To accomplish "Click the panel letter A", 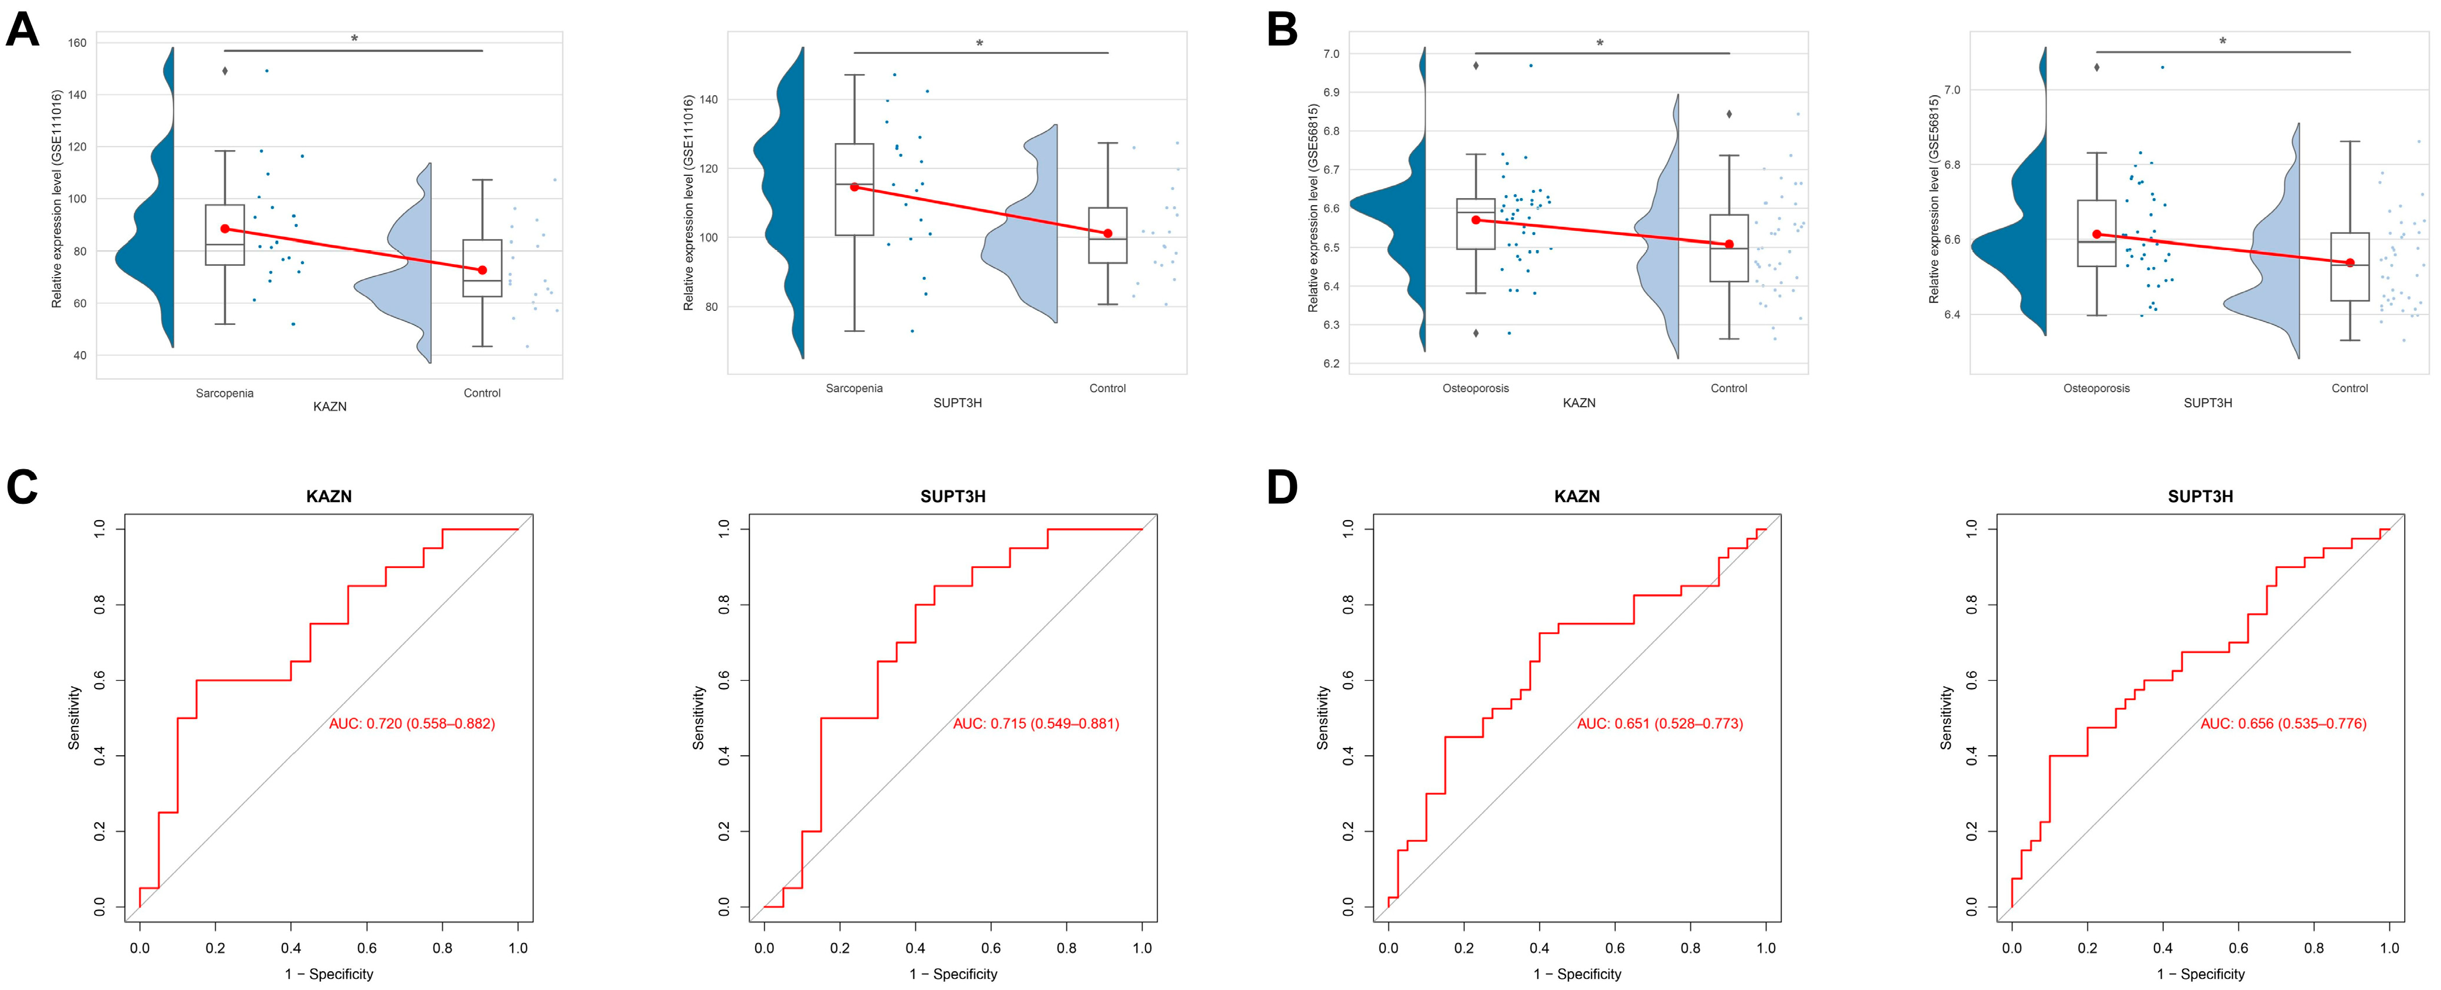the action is click(x=23, y=29).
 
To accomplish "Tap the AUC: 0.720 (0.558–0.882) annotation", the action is click(x=412, y=724).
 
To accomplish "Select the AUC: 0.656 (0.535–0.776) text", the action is click(x=2284, y=724).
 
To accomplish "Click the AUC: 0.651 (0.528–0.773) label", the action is click(x=1660, y=724).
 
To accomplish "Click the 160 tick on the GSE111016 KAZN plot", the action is click(x=77, y=43).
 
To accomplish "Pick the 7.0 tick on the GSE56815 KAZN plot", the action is click(x=1332, y=54).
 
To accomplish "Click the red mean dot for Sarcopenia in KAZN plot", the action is click(x=224, y=229).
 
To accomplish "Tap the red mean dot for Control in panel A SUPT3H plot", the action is click(x=1108, y=233).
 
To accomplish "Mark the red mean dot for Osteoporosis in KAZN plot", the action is click(x=1475, y=220).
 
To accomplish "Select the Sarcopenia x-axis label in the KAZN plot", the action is click(x=224, y=393).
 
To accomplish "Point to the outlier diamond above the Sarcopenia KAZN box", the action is click(x=224, y=71).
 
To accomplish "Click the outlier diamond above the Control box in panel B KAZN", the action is click(x=1730, y=115).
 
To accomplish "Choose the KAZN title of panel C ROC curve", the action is click(x=329, y=496).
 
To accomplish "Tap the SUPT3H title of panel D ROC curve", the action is click(x=2200, y=496).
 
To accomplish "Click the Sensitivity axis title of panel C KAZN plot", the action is click(x=74, y=718).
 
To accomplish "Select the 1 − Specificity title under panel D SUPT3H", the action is click(x=2200, y=974).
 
